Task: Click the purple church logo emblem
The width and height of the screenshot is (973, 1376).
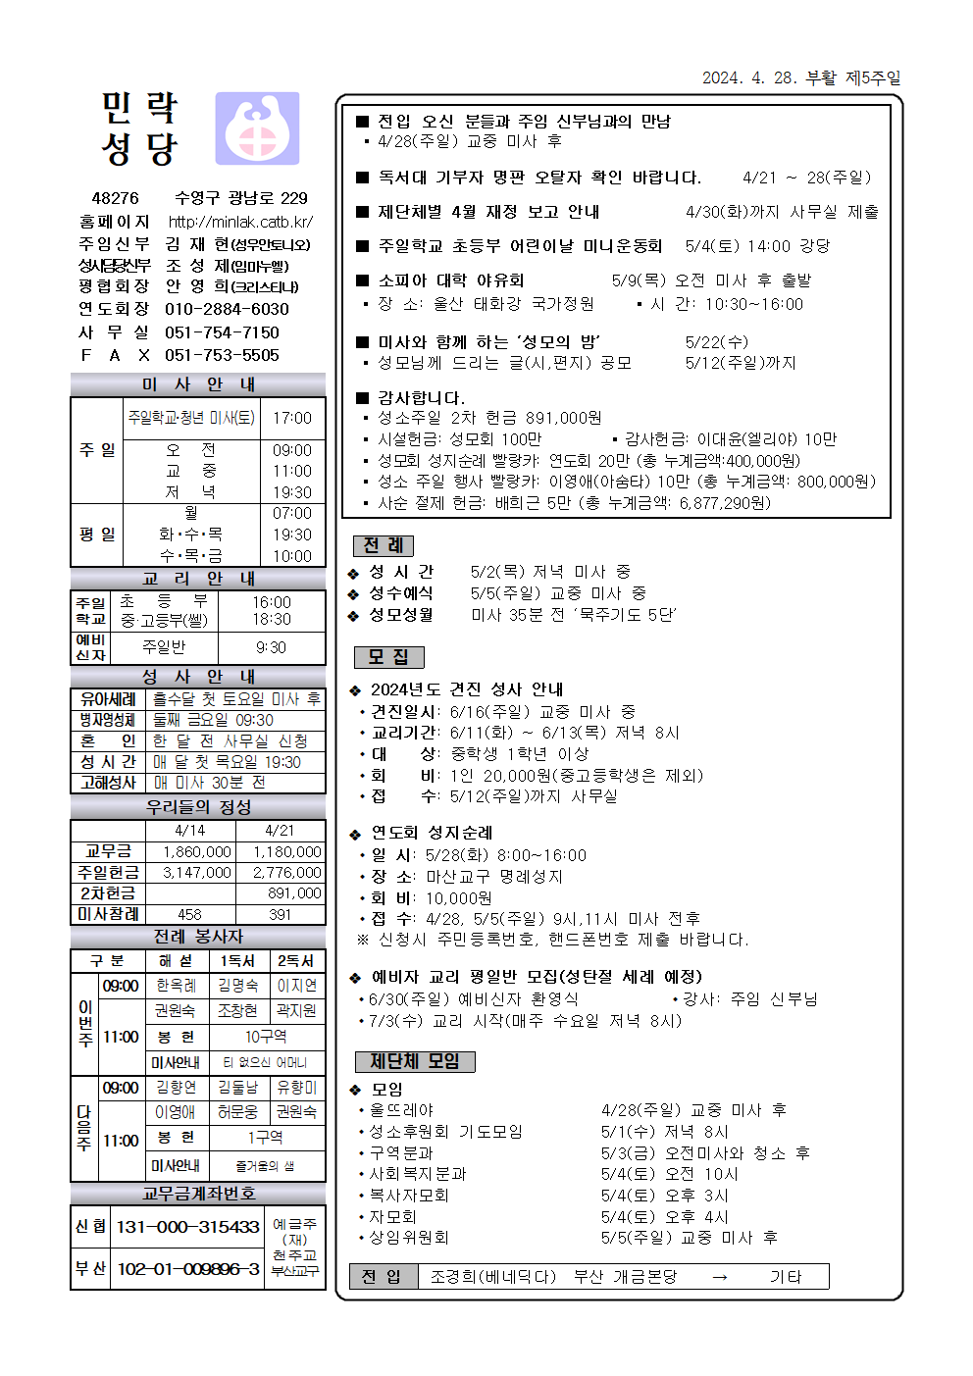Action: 257,128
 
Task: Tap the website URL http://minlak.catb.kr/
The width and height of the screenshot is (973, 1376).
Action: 240,222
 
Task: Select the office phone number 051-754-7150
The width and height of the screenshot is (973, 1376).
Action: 222,332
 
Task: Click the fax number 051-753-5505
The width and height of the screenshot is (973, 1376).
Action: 222,355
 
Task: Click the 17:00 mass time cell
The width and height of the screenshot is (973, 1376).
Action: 292,418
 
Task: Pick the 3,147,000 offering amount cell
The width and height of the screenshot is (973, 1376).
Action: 197,872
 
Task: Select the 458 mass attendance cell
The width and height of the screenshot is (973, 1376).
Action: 189,914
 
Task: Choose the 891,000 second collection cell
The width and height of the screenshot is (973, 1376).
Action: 294,893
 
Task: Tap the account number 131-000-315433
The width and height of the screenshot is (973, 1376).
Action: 188,1227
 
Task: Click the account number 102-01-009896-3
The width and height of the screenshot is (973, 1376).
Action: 188,1269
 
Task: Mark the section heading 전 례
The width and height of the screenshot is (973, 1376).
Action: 383,545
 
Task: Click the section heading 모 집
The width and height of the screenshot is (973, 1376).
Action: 388,657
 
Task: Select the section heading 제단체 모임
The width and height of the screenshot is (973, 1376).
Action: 414,1061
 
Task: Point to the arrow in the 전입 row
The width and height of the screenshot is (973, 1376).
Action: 720,1277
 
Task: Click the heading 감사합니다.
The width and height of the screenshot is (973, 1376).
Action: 421,398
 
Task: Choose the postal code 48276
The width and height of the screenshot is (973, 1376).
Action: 116,198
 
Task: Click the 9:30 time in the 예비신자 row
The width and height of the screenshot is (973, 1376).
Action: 271,647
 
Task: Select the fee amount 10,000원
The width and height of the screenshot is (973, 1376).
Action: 459,898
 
